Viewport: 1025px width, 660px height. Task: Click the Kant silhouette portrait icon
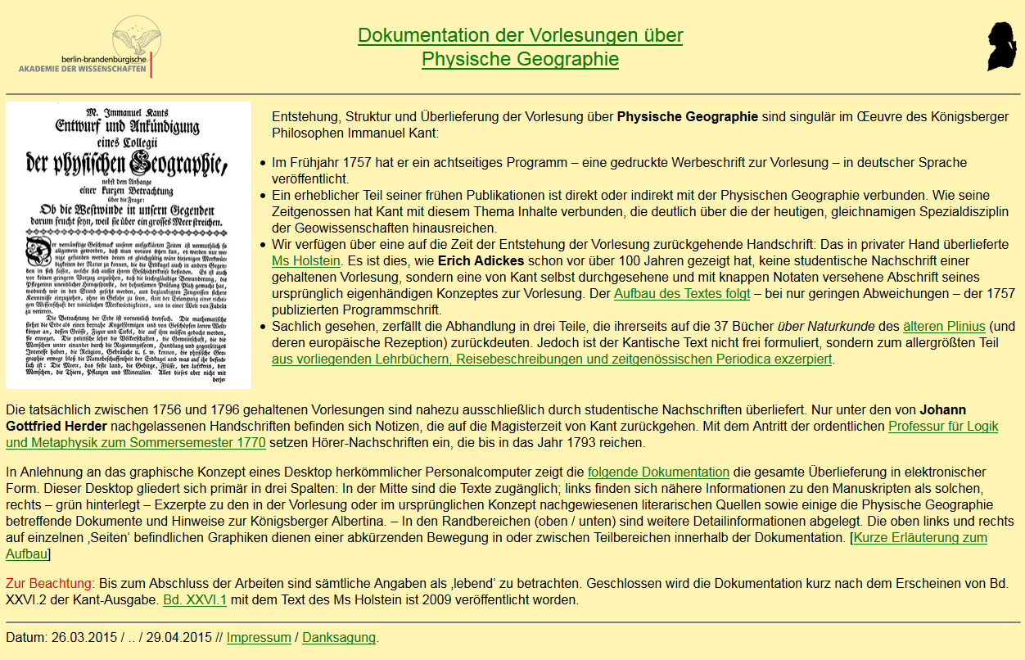point(1000,47)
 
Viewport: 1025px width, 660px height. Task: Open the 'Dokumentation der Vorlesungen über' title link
point(520,36)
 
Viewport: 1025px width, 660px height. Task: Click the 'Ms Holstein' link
point(305,261)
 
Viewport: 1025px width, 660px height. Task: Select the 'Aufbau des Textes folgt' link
point(681,294)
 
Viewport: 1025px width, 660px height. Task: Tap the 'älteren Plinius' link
point(944,327)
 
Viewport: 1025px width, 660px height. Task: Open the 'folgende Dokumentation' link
point(658,472)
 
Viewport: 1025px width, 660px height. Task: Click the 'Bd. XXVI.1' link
point(195,600)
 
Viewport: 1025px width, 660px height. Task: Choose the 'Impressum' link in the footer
point(259,638)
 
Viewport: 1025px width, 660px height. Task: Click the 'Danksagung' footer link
point(338,638)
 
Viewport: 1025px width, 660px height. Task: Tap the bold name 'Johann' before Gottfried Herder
point(942,410)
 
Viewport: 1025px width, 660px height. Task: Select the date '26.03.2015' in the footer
point(84,638)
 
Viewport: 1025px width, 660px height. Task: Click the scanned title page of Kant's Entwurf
point(129,245)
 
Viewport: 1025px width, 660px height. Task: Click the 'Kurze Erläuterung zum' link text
point(920,538)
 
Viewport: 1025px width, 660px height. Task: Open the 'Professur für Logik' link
point(943,427)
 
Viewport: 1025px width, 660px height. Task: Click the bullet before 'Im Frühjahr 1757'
point(263,163)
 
